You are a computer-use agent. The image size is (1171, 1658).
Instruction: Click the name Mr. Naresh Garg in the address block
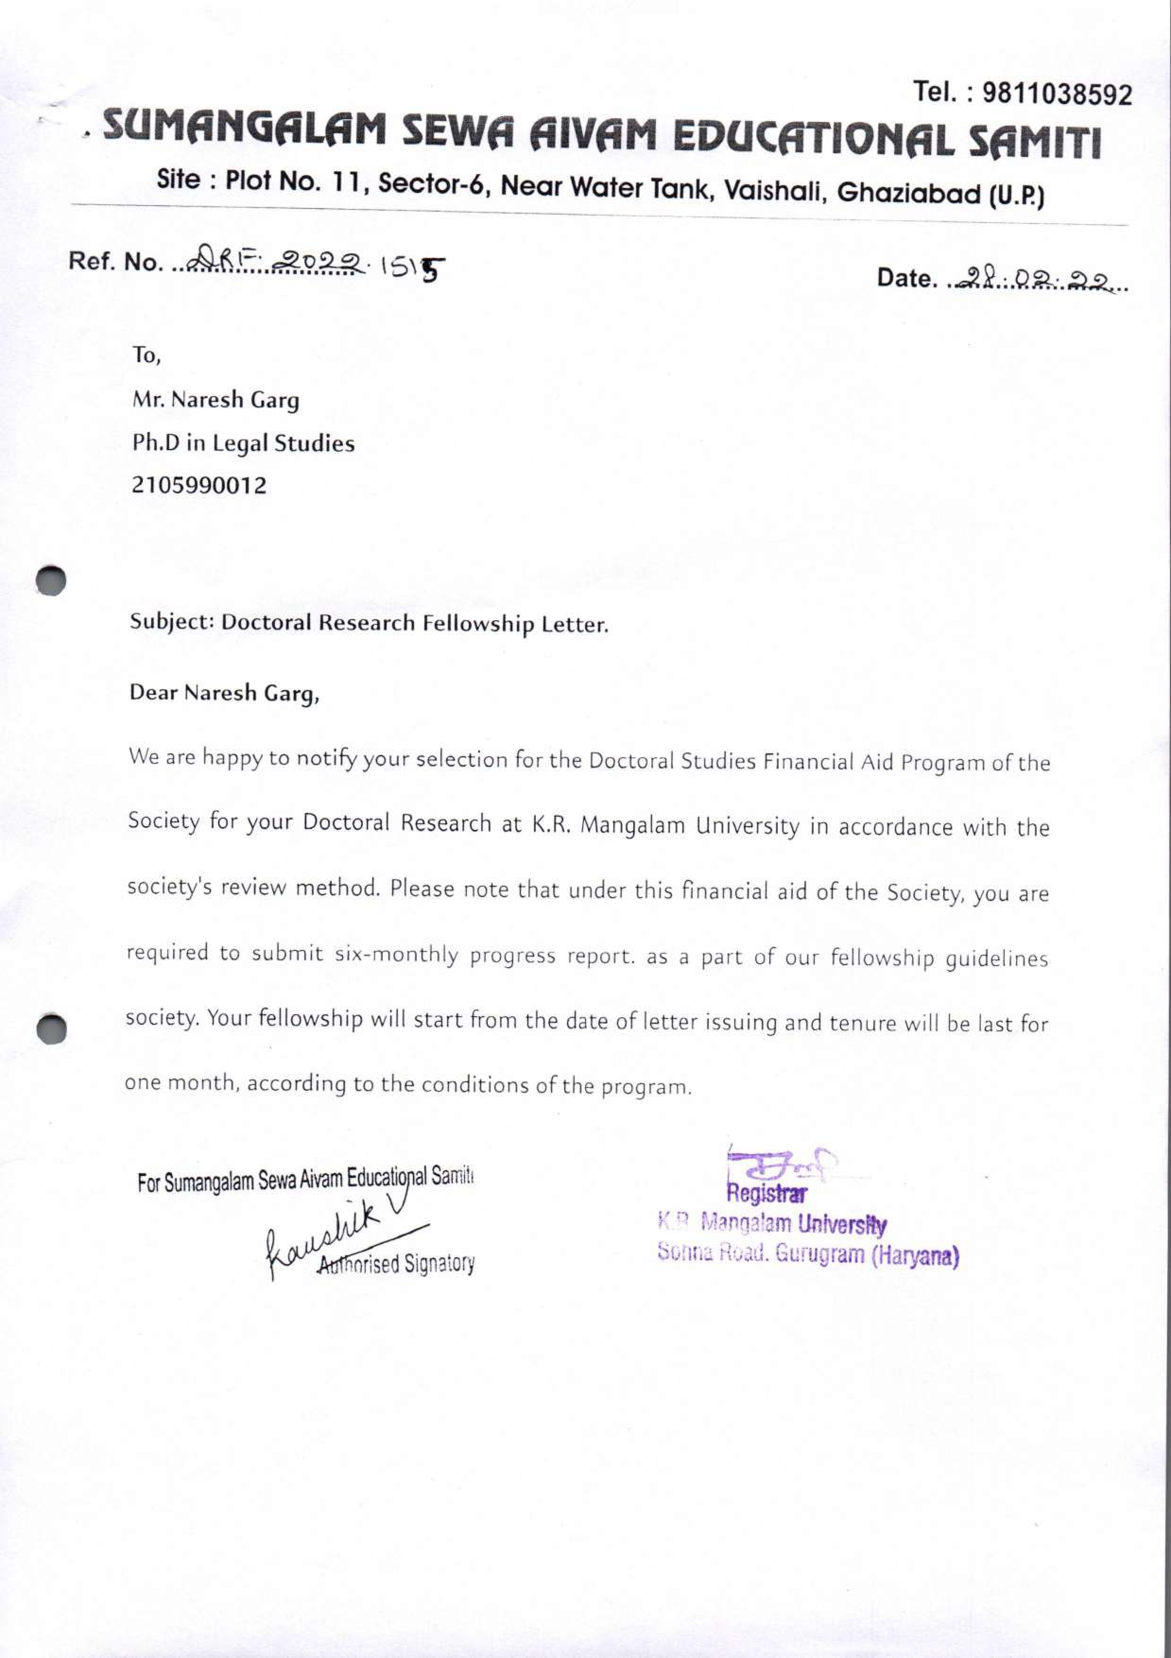point(215,400)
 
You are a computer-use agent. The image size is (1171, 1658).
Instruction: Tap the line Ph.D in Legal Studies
point(242,443)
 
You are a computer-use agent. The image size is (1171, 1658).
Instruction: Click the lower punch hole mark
point(52,1028)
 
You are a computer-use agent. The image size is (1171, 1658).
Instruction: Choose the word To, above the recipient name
point(146,355)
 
